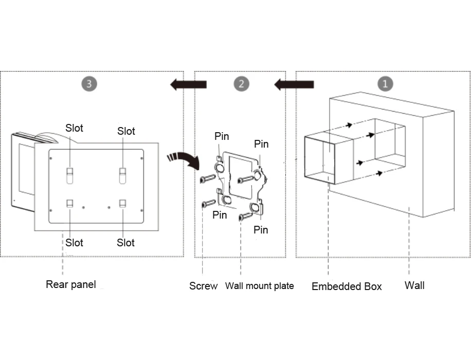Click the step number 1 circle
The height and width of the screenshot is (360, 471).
pyautogui.click(x=385, y=84)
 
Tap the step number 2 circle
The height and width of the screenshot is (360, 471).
pyautogui.click(x=241, y=84)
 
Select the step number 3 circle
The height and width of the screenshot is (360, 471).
pyautogui.click(x=89, y=84)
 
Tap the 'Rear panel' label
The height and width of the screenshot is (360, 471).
pyautogui.click(x=70, y=284)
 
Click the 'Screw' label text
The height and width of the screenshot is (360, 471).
pyautogui.click(x=203, y=286)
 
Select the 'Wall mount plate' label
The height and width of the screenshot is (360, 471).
pyautogui.click(x=259, y=286)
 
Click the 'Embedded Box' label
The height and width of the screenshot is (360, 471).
pyautogui.click(x=347, y=286)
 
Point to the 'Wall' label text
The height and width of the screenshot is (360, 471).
pyautogui.click(x=414, y=285)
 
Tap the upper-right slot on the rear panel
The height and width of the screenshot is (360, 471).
pyautogui.click(x=123, y=175)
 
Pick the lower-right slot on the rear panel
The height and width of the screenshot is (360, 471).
pyautogui.click(x=123, y=204)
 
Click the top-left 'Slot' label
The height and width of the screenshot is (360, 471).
pyautogui.click(x=74, y=128)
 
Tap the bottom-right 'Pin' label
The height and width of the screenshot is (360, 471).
pyautogui.click(x=261, y=230)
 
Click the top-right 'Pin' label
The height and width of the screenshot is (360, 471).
pyautogui.click(x=261, y=144)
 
